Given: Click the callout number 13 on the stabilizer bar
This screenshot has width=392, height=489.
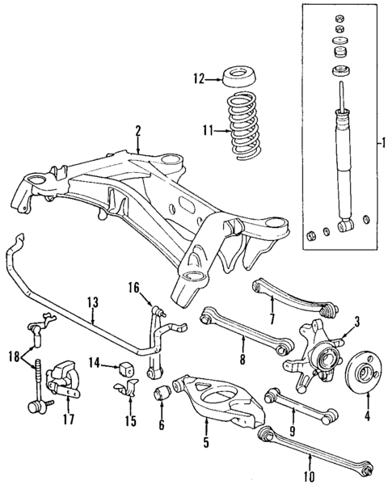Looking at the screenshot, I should click(x=92, y=301).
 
